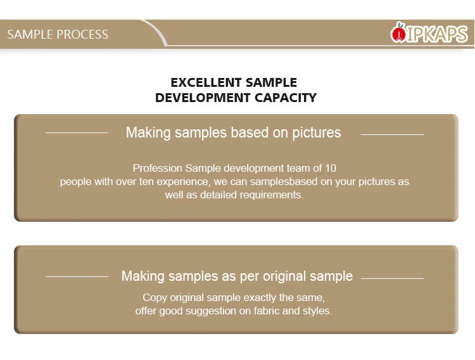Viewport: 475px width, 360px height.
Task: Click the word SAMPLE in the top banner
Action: pos(30,34)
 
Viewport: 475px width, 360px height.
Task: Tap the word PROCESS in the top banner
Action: pos(82,34)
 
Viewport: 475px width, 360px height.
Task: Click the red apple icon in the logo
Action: pos(398,33)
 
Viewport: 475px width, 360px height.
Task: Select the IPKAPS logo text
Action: pos(436,34)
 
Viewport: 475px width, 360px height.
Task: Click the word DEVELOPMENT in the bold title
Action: pos(203,98)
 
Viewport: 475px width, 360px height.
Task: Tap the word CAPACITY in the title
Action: pos(286,98)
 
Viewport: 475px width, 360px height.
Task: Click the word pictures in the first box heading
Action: pos(317,133)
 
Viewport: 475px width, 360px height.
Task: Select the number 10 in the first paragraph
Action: pos(331,168)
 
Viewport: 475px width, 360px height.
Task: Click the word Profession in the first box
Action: pos(158,168)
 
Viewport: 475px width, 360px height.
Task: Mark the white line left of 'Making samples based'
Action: pos(77,132)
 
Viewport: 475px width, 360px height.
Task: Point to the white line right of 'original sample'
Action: pos(392,278)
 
